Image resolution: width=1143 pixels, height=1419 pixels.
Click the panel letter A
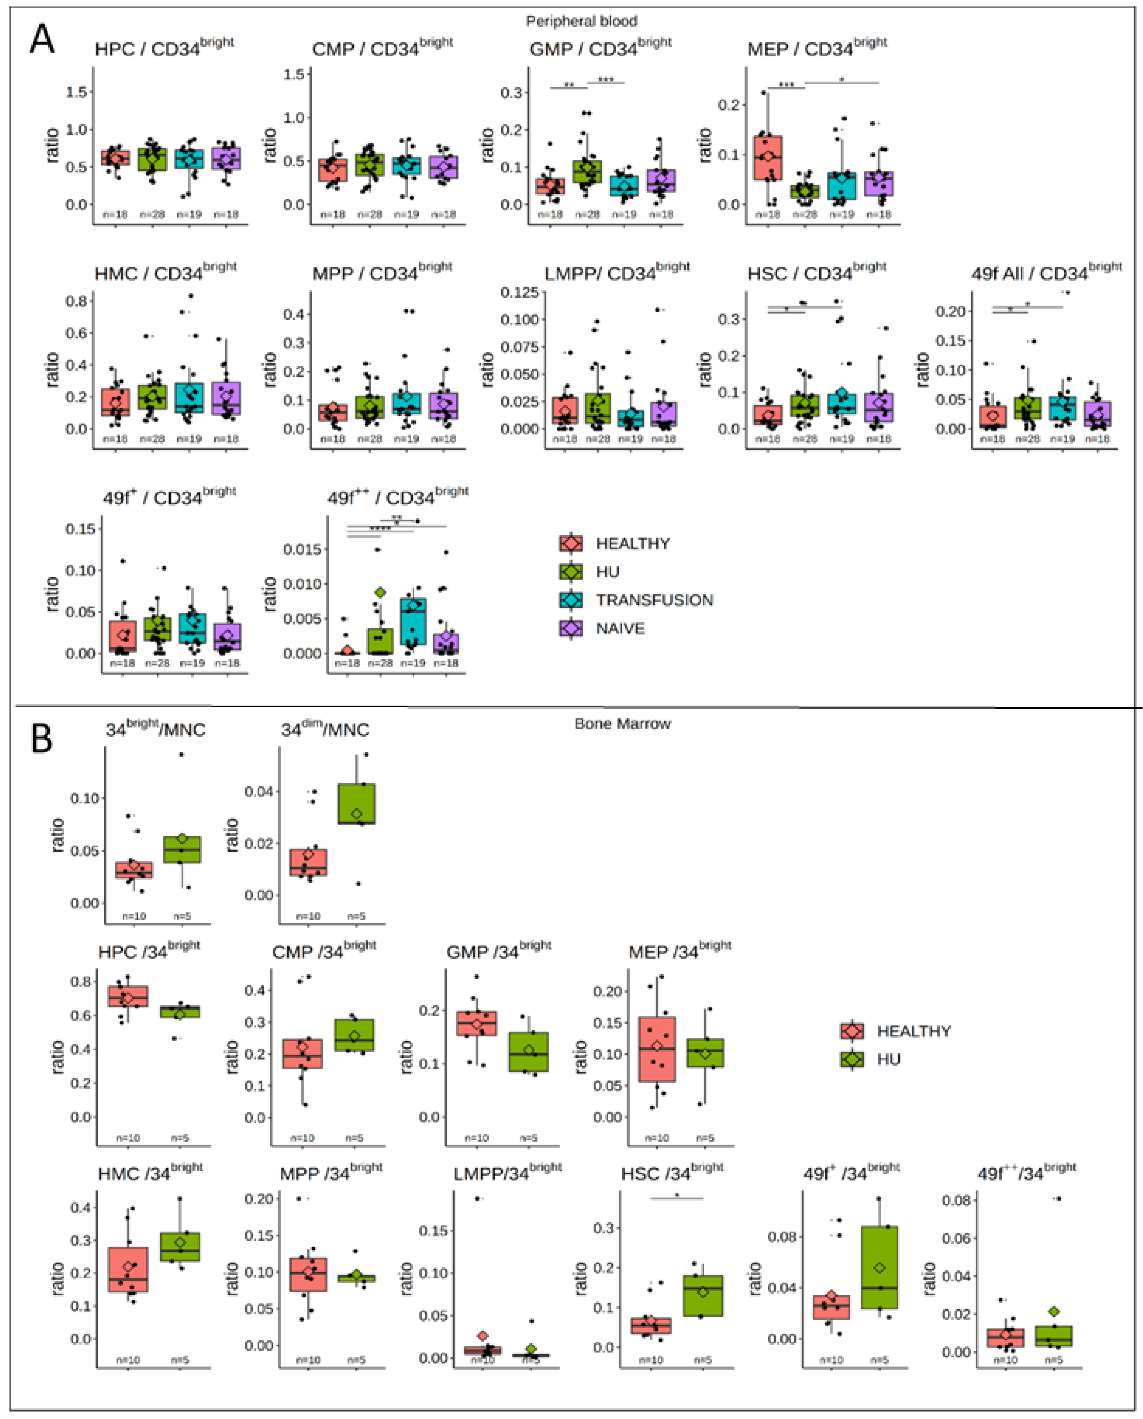tap(42, 40)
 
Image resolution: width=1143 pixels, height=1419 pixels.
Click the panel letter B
tap(42, 739)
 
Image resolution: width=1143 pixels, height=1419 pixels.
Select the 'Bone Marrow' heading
tap(622, 724)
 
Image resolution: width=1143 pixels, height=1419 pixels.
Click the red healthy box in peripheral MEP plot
tap(768, 158)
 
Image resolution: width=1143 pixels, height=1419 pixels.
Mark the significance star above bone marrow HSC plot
tap(677, 1195)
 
